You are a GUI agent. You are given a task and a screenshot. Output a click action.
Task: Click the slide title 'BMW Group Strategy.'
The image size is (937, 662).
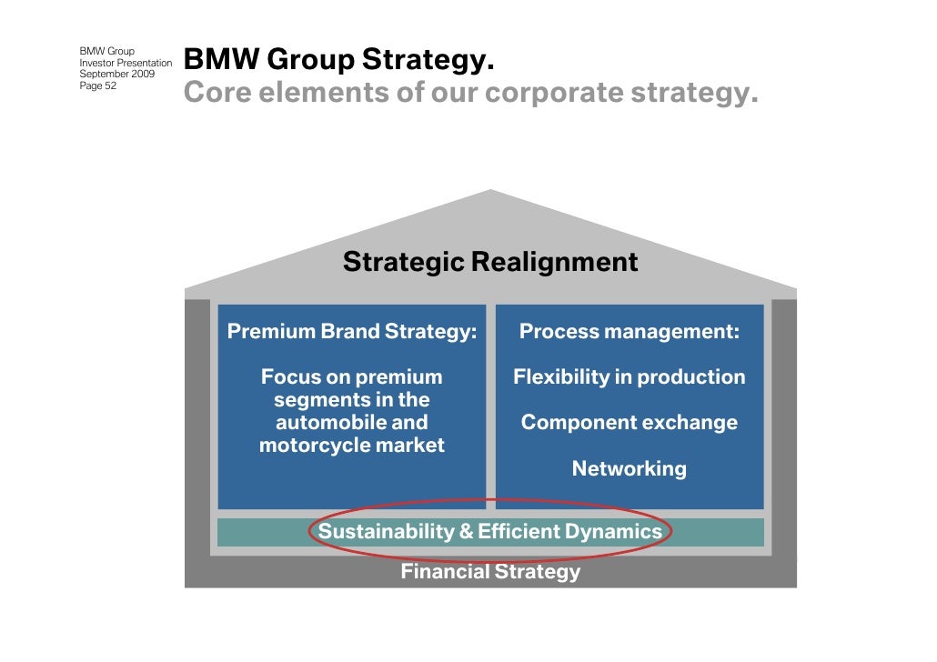pyautogui.click(x=339, y=61)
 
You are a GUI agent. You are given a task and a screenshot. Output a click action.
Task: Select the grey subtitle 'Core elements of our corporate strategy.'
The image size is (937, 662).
pyautogui.click(x=470, y=93)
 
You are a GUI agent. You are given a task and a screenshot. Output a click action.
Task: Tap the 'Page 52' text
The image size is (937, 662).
pyautogui.click(x=98, y=85)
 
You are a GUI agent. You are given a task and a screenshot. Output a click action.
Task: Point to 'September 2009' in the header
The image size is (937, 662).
pyautogui.click(x=116, y=74)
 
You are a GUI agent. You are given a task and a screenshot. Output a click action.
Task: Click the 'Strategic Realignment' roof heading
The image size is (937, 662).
pyautogui.click(x=490, y=263)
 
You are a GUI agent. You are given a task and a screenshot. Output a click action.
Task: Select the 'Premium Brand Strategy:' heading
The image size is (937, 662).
pyautogui.click(x=351, y=332)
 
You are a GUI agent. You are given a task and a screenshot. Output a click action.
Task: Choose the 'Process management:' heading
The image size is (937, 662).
pyautogui.click(x=629, y=332)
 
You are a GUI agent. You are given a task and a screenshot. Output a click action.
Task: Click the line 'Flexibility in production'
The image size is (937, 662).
pyautogui.click(x=629, y=377)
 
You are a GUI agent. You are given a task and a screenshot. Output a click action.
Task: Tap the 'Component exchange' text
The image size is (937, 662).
pyautogui.click(x=629, y=423)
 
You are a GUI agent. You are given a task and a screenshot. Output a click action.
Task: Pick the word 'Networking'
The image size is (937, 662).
pyautogui.click(x=629, y=469)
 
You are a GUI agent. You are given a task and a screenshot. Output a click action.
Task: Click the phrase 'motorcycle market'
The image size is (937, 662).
pyautogui.click(x=352, y=446)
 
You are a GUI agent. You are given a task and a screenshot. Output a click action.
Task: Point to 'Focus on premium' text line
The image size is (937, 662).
pyautogui.click(x=352, y=377)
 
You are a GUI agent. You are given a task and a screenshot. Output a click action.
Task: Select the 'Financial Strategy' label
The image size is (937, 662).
pyautogui.click(x=490, y=572)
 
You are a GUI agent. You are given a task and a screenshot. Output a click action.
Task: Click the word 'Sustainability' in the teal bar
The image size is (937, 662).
pyautogui.click(x=386, y=532)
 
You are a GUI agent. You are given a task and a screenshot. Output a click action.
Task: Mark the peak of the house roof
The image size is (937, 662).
pyautogui.click(x=491, y=191)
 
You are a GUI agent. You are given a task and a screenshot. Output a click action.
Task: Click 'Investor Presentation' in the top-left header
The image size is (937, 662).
pyautogui.click(x=126, y=62)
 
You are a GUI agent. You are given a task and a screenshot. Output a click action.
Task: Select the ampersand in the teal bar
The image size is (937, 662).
pyautogui.click(x=467, y=532)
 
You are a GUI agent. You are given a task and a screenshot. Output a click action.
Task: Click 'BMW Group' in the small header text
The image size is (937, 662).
pyautogui.click(x=106, y=50)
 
